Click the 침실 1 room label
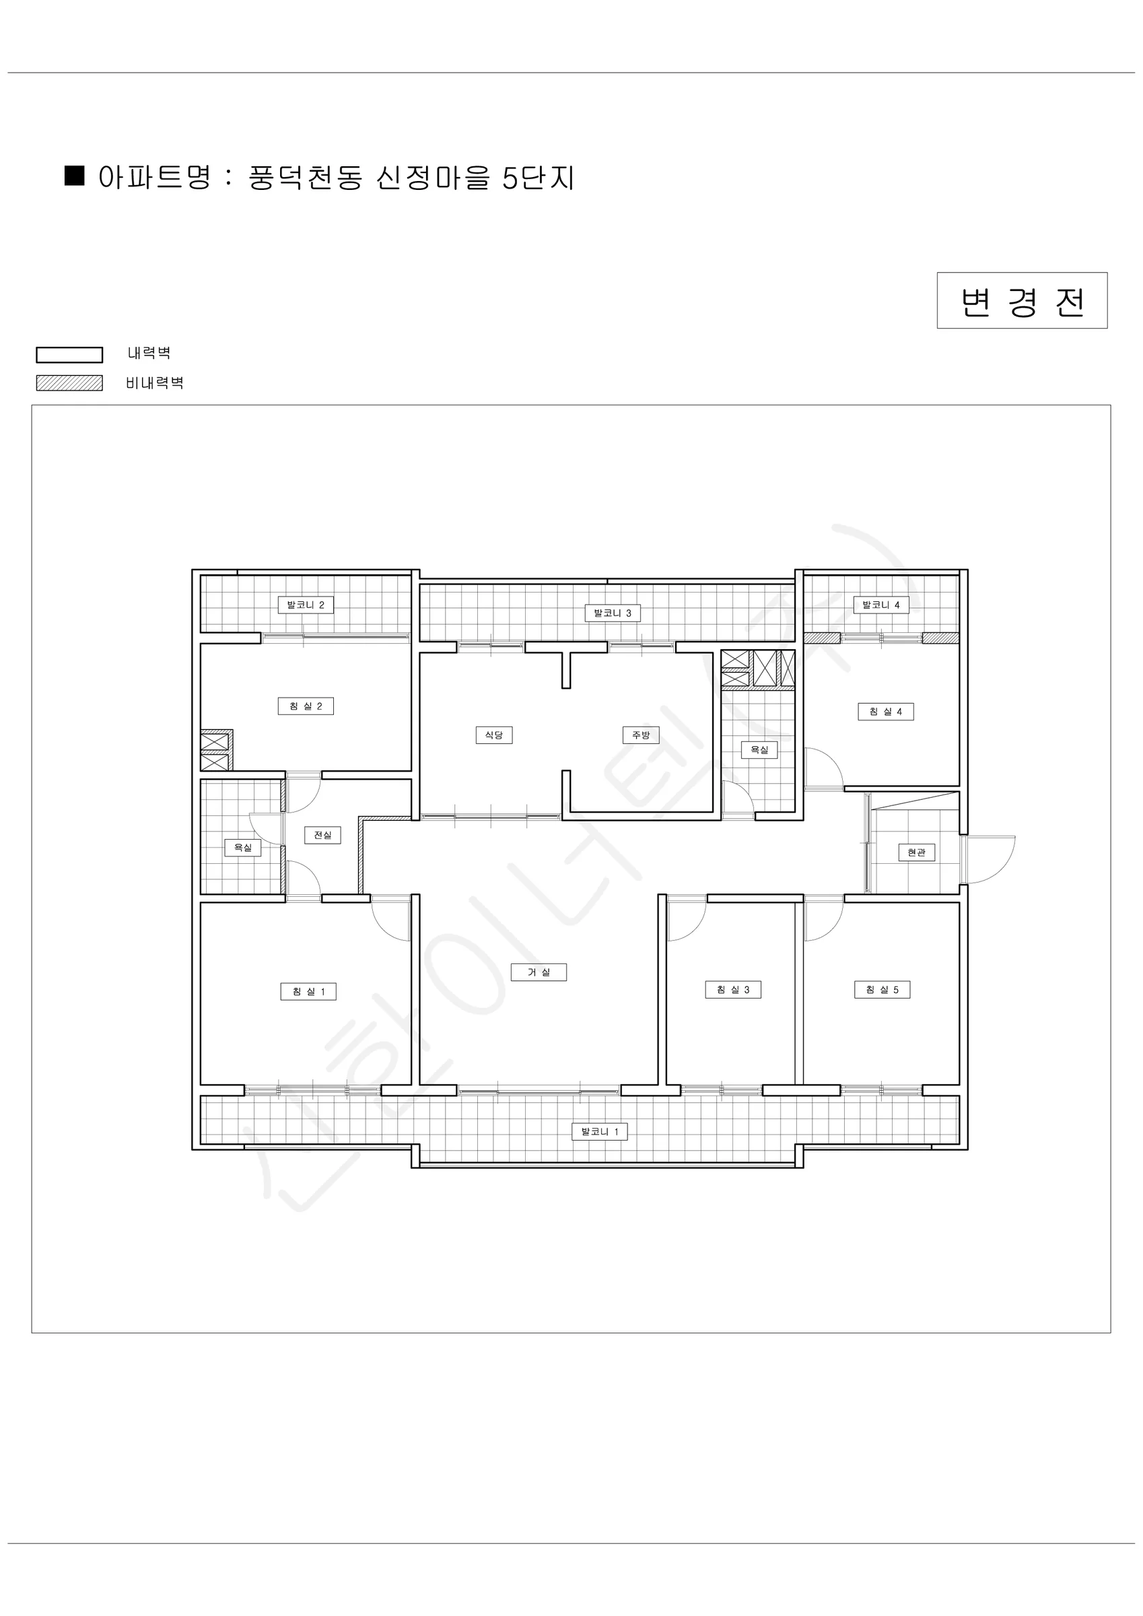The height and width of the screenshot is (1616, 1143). (x=308, y=992)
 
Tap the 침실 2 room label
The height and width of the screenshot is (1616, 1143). (x=306, y=706)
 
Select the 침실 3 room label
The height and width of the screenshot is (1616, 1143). (x=733, y=990)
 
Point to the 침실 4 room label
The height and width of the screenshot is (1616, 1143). (x=885, y=712)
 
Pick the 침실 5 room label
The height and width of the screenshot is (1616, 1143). (x=882, y=990)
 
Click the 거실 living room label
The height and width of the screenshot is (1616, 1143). (x=539, y=972)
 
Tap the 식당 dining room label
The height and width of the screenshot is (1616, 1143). (x=494, y=735)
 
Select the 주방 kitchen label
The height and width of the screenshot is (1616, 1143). (x=640, y=735)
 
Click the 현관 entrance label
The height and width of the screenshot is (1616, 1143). (x=916, y=852)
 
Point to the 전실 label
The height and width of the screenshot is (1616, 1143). (x=322, y=835)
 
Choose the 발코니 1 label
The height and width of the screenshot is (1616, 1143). (x=600, y=1132)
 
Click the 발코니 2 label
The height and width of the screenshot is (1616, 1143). (x=306, y=605)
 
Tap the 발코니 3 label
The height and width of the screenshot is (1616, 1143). (x=613, y=613)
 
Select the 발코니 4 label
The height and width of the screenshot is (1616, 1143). (x=881, y=605)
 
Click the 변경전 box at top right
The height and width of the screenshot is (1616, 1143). (x=1022, y=300)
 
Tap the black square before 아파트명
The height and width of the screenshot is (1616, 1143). (x=75, y=175)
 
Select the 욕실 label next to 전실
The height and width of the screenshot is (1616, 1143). (x=243, y=848)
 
